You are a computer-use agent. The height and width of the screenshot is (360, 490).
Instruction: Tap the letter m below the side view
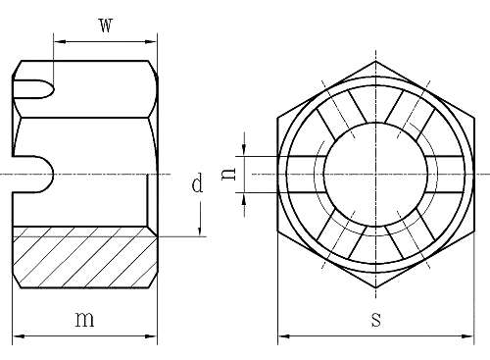[86, 319]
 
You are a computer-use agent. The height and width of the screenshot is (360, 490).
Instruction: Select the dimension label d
[197, 183]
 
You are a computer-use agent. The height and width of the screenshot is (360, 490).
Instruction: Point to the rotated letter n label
[227, 173]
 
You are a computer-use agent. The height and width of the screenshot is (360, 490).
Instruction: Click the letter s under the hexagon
[375, 320]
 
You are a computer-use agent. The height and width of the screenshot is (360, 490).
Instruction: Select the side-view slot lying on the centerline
[36, 173]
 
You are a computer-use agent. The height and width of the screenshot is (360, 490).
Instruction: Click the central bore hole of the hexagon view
[375, 173]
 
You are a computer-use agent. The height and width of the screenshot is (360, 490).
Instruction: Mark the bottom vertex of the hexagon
[375, 296]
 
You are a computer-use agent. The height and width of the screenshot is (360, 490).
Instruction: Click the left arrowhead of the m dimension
[19, 336]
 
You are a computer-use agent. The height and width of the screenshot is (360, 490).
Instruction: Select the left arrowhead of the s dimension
[283, 336]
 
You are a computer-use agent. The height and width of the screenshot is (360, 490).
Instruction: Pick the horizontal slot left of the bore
[303, 173]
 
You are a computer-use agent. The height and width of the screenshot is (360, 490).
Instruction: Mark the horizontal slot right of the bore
[448, 173]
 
